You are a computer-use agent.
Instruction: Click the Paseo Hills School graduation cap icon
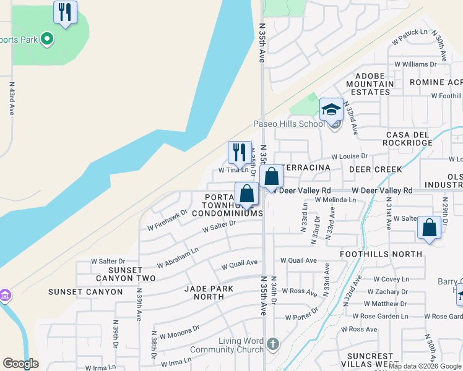point(331,109)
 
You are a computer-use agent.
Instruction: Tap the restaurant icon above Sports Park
point(64,12)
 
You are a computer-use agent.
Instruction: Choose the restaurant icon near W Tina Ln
point(239,152)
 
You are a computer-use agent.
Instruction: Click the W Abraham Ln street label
point(178,258)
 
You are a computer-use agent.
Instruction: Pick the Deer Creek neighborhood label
point(375,169)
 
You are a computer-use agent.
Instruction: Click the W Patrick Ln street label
point(410,36)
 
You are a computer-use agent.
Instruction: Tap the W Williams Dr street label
point(415,64)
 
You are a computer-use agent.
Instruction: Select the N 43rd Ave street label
point(11,99)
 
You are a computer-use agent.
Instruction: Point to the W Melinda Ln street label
point(335,200)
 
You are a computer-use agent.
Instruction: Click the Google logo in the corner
point(20,364)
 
